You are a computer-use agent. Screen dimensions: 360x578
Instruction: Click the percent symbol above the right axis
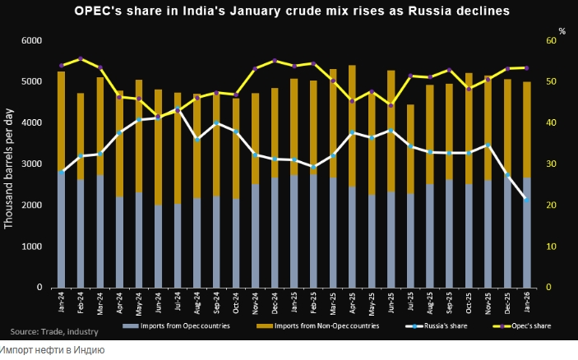(x=562, y=31)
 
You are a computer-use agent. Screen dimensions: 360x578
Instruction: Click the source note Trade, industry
(x=54, y=331)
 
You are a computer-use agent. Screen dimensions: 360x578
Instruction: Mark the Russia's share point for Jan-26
(x=526, y=200)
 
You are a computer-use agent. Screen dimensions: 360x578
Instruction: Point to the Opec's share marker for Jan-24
(x=62, y=66)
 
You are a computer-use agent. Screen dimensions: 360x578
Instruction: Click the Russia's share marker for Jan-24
(x=62, y=171)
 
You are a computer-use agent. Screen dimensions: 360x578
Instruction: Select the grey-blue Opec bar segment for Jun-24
(x=158, y=247)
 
